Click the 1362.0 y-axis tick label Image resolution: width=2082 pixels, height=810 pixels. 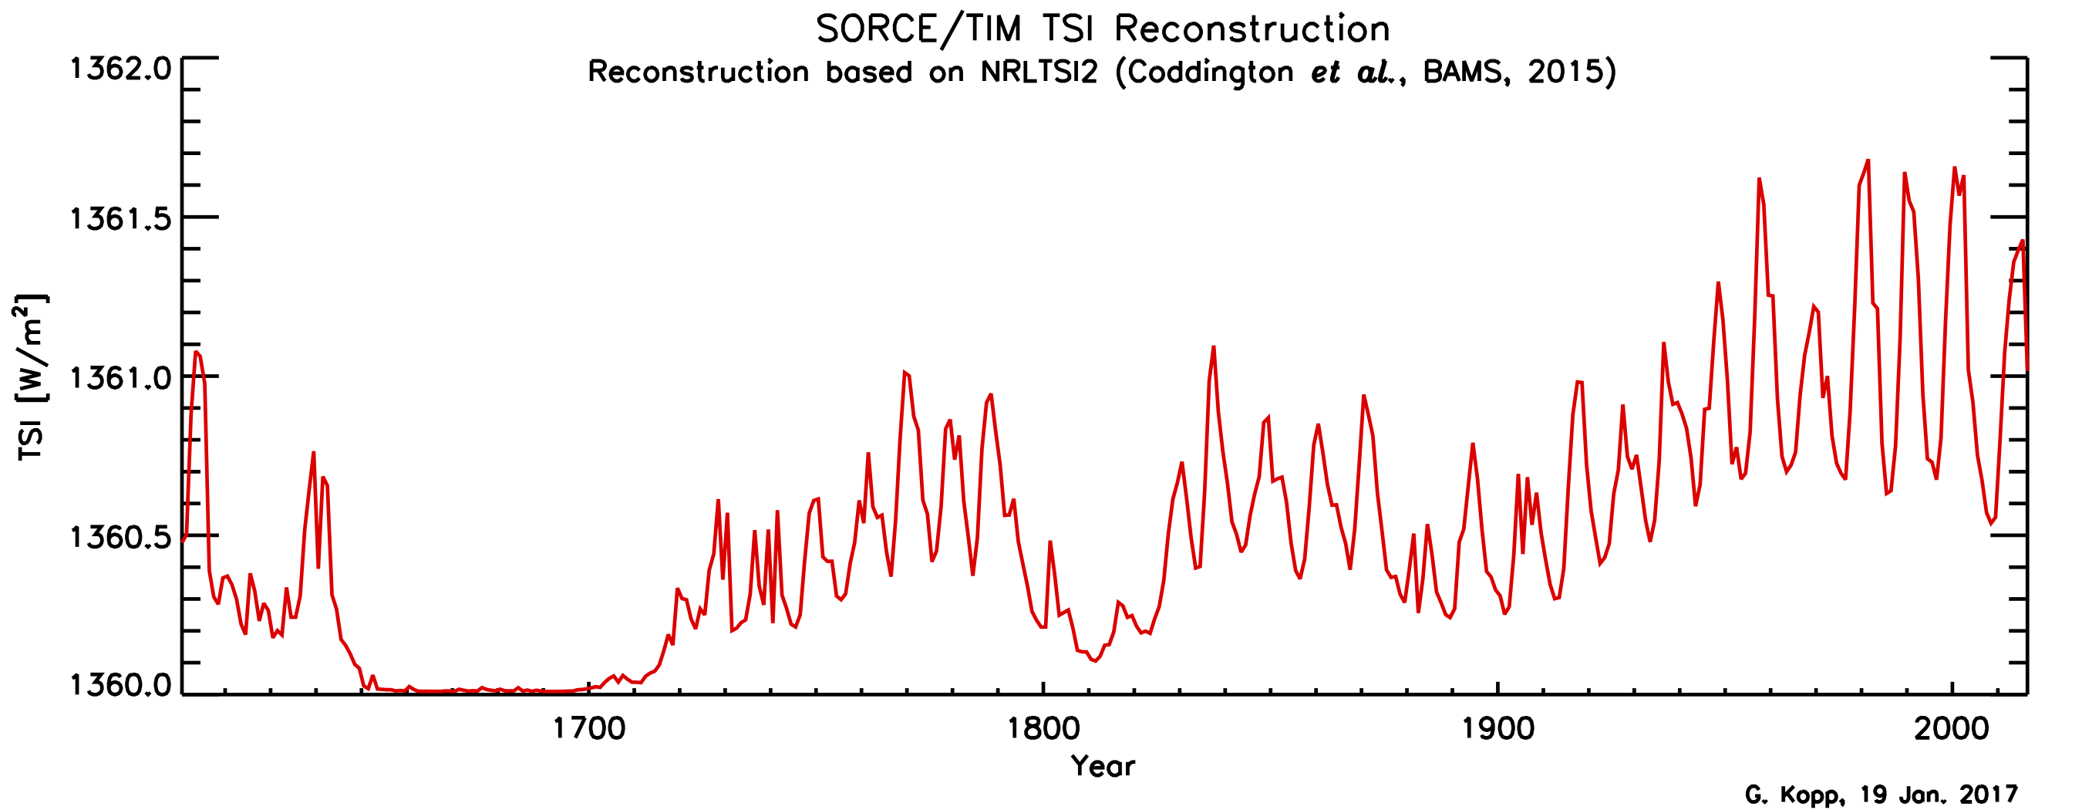121,69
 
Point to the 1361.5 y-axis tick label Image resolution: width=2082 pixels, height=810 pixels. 121,219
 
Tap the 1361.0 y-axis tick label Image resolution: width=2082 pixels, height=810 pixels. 121,378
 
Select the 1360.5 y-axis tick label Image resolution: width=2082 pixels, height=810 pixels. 121,538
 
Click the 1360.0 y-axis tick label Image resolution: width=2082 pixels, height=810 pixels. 121,686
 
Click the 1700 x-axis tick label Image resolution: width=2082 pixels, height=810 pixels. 588,729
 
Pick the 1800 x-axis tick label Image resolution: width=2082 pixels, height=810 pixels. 1043,729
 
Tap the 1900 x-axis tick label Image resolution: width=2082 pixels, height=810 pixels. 1497,729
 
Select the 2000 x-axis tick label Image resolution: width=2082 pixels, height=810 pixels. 1952,729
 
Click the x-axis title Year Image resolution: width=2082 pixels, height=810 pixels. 1103,766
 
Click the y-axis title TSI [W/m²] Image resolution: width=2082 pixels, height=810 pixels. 31,377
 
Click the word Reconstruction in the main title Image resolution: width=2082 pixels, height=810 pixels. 1252,30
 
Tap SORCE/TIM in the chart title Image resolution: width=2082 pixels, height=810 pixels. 918,30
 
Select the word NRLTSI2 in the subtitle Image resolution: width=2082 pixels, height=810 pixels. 1039,73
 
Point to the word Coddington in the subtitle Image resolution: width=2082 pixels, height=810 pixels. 1210,73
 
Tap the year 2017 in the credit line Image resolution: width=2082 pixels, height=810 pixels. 1989,795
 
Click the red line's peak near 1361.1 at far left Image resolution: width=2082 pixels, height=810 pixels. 197,352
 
